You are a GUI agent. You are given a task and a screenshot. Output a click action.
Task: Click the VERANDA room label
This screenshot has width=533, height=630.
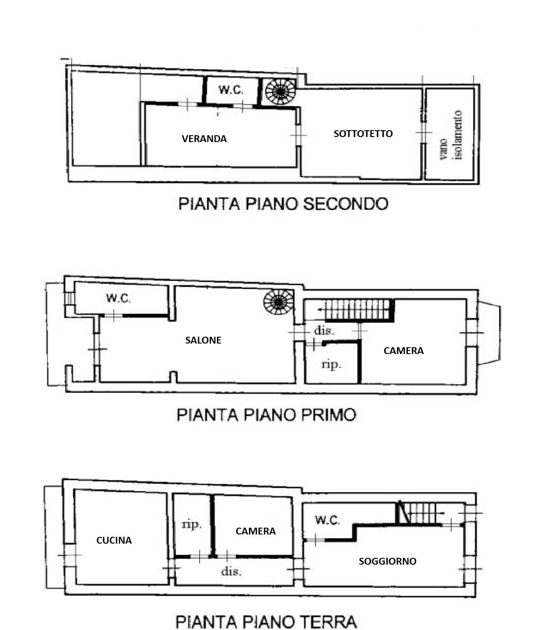point(204,139)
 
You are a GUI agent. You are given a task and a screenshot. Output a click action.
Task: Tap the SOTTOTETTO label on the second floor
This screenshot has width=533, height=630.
point(363,134)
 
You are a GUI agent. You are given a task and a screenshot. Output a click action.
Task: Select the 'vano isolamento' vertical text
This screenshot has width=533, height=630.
point(451,135)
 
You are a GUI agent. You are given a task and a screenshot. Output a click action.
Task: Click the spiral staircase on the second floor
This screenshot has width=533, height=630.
point(280,91)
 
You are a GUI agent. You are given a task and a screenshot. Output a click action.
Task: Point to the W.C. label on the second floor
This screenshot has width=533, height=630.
point(231,90)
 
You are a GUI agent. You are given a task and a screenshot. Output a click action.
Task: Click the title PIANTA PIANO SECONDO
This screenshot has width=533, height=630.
point(283,204)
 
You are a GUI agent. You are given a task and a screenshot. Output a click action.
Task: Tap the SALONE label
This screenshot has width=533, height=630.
point(203,340)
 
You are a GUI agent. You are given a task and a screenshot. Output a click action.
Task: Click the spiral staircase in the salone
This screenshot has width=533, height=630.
point(279,302)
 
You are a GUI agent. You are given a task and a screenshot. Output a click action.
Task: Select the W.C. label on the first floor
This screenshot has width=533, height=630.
point(119,298)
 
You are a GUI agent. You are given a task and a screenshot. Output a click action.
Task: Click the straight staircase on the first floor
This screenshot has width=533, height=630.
point(359,310)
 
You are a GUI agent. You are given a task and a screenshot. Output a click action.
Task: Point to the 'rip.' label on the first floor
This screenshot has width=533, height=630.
point(332,365)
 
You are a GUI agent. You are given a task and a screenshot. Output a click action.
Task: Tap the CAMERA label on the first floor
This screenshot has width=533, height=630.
point(403,351)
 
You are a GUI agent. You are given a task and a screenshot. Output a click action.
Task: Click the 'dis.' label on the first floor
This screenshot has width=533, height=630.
point(324,331)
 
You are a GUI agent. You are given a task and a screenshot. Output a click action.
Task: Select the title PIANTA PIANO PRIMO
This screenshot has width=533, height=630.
point(266,415)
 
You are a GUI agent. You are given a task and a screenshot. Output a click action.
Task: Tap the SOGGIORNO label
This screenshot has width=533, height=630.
point(388,561)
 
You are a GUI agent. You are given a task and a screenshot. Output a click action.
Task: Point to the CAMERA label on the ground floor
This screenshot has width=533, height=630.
point(256,531)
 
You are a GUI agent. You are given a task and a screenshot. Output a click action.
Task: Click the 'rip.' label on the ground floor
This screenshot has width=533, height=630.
point(191,524)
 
